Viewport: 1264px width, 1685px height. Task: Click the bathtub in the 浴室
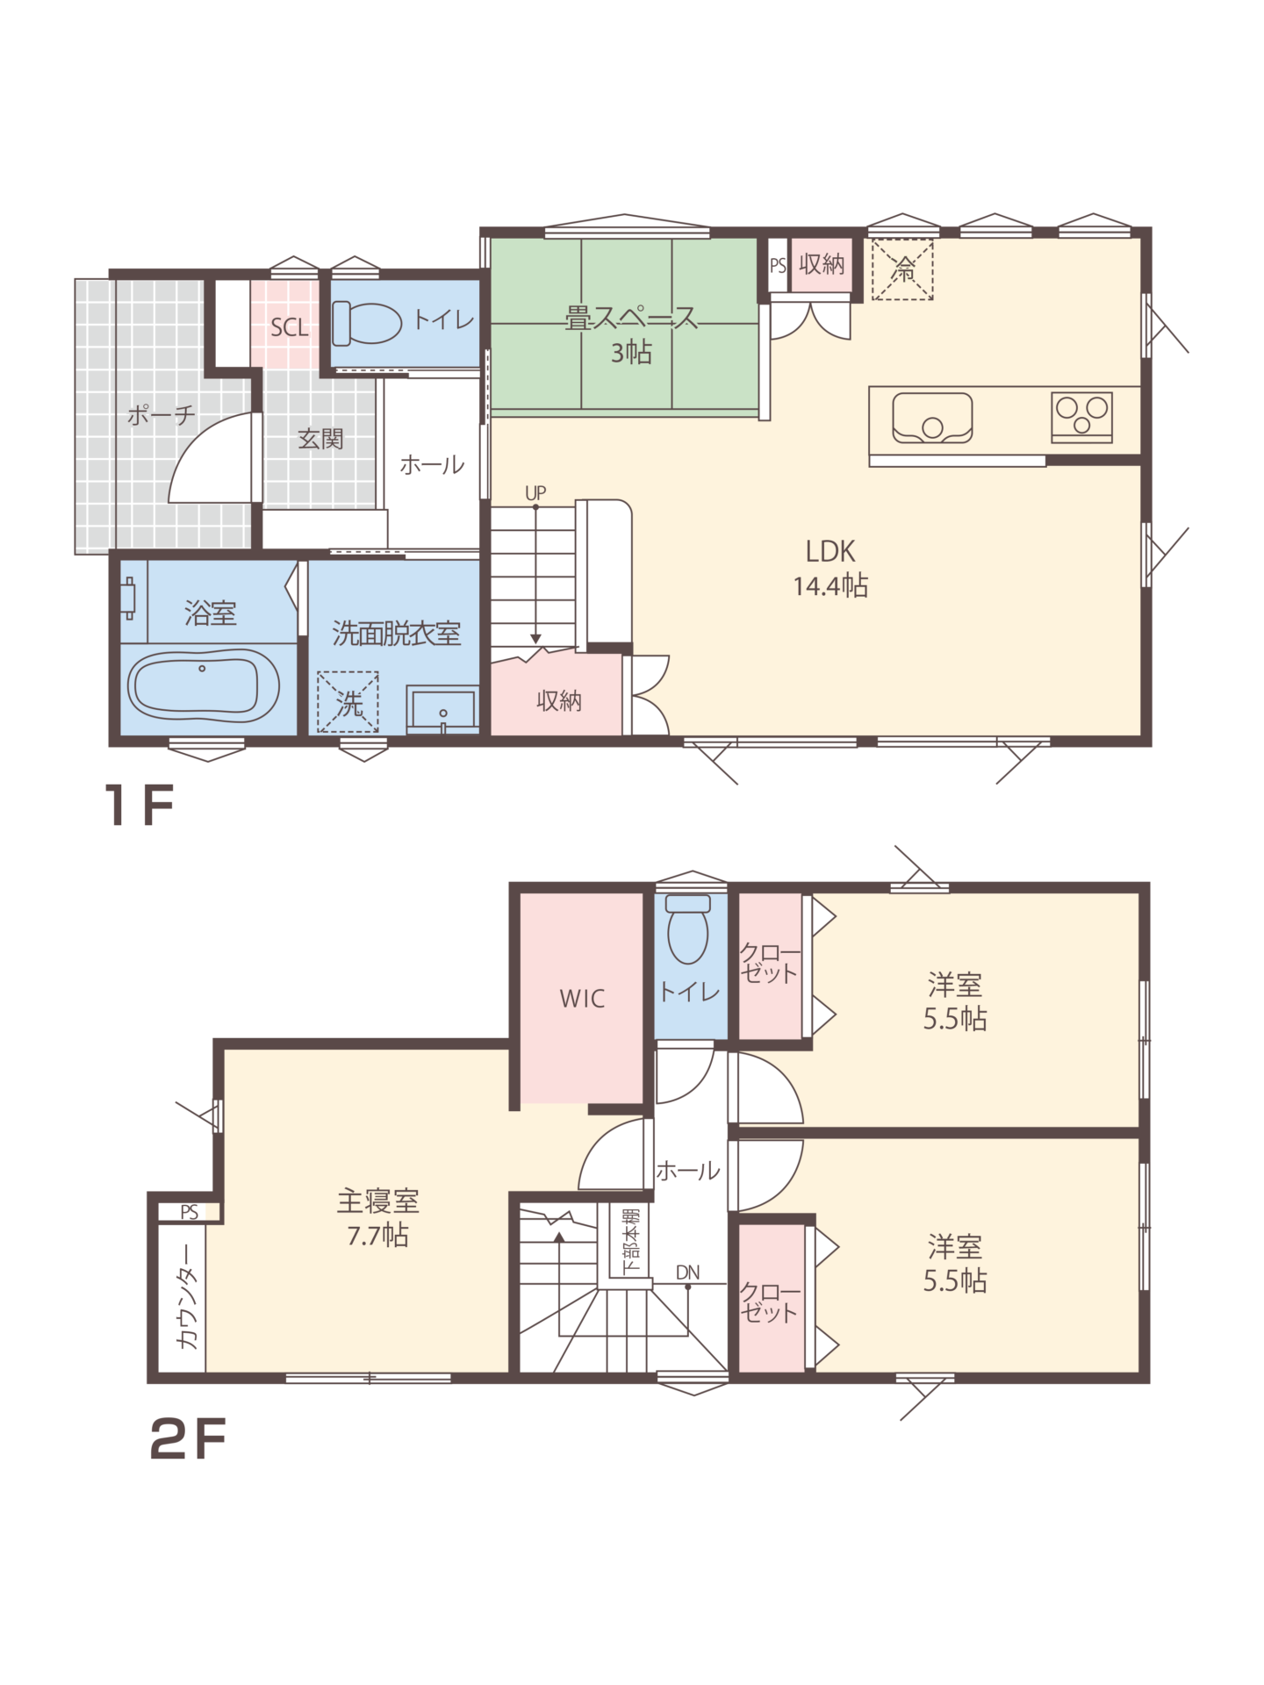pyautogui.click(x=204, y=686)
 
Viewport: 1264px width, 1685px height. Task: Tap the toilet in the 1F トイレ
pyautogui.click(x=366, y=322)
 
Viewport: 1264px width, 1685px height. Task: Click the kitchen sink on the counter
pyautogui.click(x=932, y=418)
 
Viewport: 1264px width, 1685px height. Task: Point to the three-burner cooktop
pyautogui.click(x=1081, y=417)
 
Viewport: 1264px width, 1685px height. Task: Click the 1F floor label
pyautogui.click(x=140, y=805)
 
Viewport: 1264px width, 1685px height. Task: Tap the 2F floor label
pyautogui.click(x=188, y=1439)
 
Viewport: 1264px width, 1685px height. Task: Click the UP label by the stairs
pyautogui.click(x=535, y=493)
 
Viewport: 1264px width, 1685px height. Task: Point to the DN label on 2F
pyautogui.click(x=688, y=1273)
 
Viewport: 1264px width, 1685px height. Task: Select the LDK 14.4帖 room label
pyautogui.click(x=830, y=568)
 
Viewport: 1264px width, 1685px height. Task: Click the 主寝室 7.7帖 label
pyautogui.click(x=377, y=1217)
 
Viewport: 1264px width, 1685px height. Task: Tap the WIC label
pyautogui.click(x=582, y=999)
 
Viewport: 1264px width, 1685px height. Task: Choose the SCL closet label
pyautogui.click(x=290, y=328)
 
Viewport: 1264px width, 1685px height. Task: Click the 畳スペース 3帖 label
pyautogui.click(x=631, y=334)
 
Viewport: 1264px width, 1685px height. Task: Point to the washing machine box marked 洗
pyautogui.click(x=348, y=702)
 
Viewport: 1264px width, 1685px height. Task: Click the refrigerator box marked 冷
pyautogui.click(x=902, y=269)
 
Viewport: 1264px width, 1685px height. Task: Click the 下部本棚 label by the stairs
pyautogui.click(x=630, y=1244)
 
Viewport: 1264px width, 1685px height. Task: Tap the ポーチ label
pyautogui.click(x=161, y=415)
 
